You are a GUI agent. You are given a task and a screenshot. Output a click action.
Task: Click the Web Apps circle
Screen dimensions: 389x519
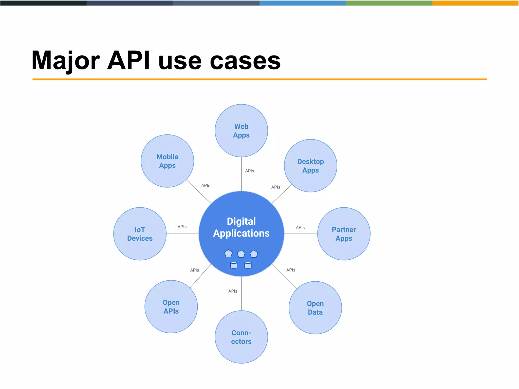(241, 131)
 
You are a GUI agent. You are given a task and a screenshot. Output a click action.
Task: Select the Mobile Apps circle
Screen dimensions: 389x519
(167, 161)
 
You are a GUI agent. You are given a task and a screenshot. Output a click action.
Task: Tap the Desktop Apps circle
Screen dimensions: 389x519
(310, 166)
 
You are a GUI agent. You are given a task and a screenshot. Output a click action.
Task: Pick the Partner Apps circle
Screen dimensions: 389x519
(344, 234)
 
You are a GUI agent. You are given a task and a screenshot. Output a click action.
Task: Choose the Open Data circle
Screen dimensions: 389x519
(315, 308)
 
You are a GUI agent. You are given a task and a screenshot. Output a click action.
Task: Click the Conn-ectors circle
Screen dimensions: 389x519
(241, 337)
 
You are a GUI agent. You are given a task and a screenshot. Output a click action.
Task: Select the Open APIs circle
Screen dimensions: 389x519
(171, 307)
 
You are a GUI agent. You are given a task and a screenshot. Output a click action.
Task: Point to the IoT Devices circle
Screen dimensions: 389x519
(140, 234)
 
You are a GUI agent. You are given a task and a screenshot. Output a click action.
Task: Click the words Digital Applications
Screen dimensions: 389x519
(241, 227)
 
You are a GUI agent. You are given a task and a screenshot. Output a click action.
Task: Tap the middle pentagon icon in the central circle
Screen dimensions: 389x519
(241, 254)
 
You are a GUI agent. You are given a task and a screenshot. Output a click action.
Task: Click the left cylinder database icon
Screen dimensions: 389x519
(234, 265)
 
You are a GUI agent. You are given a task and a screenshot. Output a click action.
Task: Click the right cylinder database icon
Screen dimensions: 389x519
(248, 265)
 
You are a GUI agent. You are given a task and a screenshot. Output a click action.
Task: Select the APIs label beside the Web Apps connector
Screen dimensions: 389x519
(250, 171)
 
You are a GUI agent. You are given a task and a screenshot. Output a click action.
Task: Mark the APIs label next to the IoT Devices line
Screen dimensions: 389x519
(182, 227)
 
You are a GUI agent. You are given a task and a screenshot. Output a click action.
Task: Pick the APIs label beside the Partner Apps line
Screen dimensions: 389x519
(300, 227)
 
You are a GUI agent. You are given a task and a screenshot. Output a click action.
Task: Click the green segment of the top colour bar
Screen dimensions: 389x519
(389, 3)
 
